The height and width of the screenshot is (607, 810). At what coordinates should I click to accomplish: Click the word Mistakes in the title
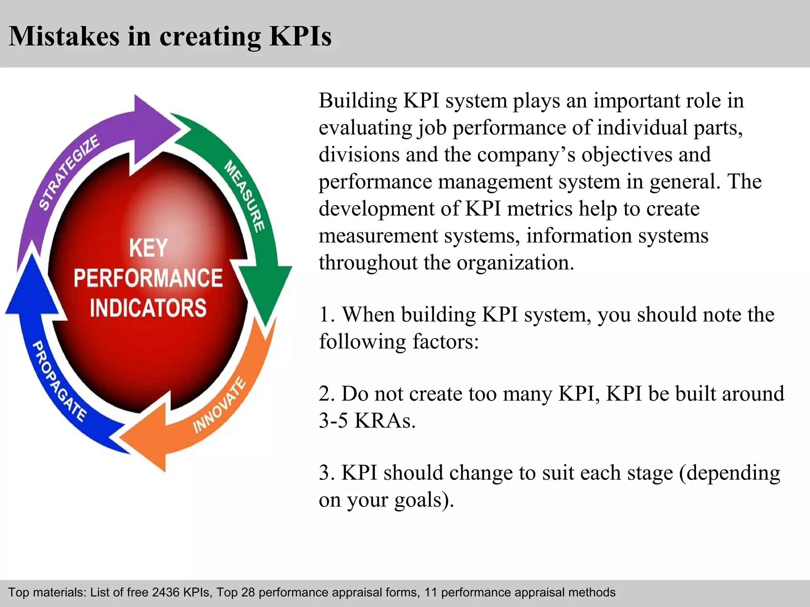pos(64,36)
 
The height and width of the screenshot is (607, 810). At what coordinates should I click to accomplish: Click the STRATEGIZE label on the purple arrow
pos(69,172)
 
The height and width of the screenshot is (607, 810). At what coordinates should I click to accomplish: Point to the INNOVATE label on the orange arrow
pos(220,405)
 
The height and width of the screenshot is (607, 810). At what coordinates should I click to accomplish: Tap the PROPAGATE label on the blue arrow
pos(59,381)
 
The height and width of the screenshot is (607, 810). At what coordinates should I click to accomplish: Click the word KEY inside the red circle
pos(148,248)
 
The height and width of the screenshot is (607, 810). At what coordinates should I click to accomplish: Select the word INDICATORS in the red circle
pos(148,308)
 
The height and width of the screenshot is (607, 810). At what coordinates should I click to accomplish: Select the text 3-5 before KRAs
pos(333,420)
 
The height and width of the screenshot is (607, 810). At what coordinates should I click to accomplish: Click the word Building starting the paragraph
pos(358,100)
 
